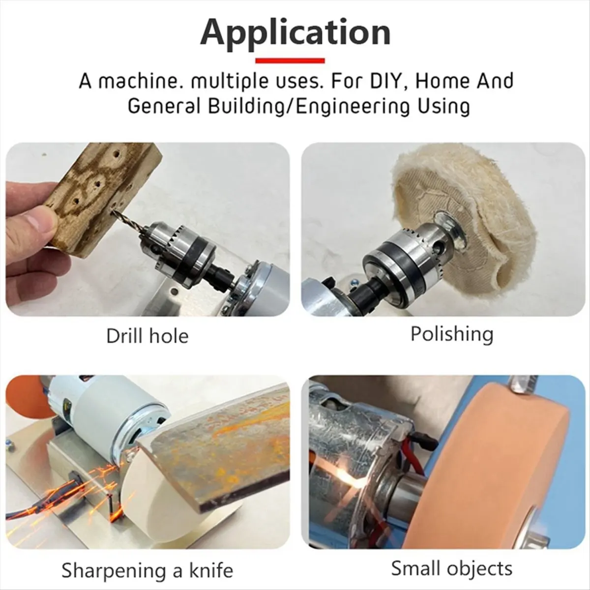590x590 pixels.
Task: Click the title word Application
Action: (295, 32)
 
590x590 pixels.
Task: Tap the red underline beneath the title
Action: (290, 61)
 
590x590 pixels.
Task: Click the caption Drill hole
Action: (147, 336)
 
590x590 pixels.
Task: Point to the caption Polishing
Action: (452, 334)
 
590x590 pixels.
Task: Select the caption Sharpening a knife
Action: (147, 571)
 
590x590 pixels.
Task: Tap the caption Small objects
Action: (452, 569)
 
